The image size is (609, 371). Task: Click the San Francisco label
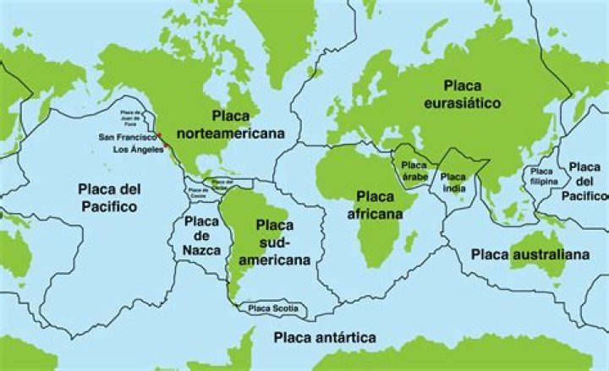click(127, 137)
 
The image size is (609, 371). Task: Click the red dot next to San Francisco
click(159, 134)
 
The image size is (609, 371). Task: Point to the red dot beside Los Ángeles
click(167, 145)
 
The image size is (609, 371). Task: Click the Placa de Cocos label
click(197, 191)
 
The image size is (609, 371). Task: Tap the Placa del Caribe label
click(222, 182)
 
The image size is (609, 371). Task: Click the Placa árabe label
click(414, 171)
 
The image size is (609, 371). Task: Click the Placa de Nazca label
click(201, 236)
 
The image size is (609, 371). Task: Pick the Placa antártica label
click(325, 338)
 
